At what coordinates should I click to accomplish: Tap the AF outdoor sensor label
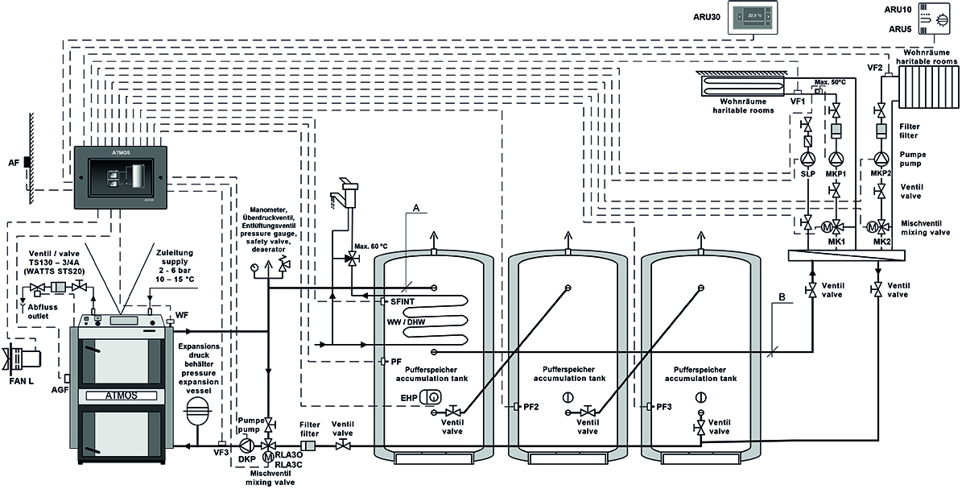click(14, 163)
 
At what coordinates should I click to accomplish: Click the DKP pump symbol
click(247, 445)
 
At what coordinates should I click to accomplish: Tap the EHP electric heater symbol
click(433, 396)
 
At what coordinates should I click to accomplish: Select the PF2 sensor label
click(530, 407)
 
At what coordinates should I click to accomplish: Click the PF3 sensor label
click(664, 407)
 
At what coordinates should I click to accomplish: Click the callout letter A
click(415, 207)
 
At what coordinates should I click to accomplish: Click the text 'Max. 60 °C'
click(370, 245)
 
